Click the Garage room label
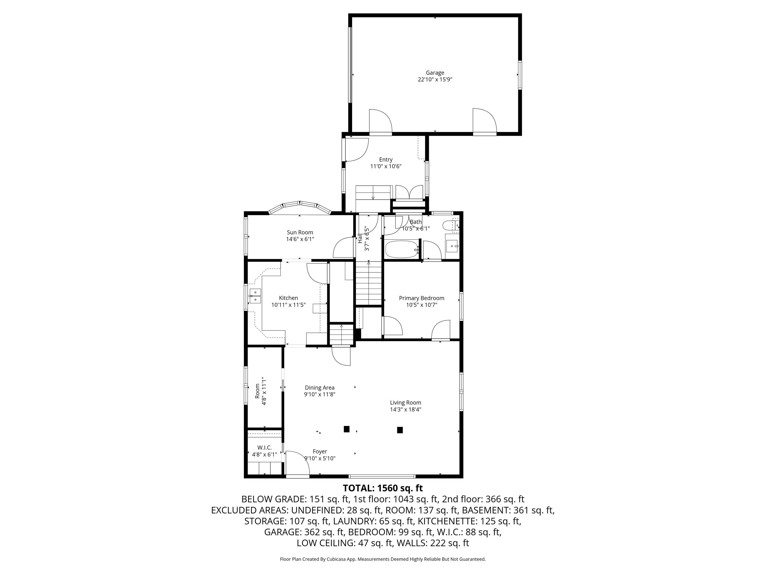[x=435, y=73]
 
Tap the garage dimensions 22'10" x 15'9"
[x=435, y=79]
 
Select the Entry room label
[x=386, y=159]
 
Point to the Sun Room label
[x=300, y=233]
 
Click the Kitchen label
[x=289, y=298]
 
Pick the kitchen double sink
[x=255, y=295]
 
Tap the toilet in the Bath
[x=450, y=226]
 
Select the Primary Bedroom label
[x=422, y=298]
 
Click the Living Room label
[x=405, y=403]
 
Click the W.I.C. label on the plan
[x=265, y=448]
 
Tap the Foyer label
[x=320, y=452]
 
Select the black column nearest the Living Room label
[x=400, y=430]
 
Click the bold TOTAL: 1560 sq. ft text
[x=383, y=488]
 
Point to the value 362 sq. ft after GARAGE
[x=325, y=532]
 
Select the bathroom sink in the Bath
[x=452, y=246]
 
